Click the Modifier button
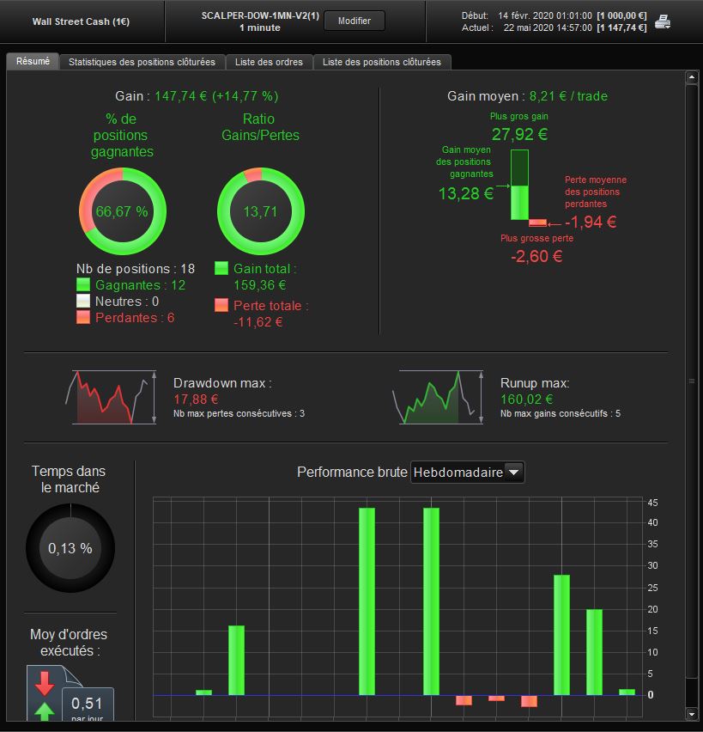(355, 21)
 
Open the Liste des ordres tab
(269, 62)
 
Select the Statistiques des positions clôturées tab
(142, 62)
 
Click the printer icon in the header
(663, 21)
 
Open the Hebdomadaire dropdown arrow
(513, 472)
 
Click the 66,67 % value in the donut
(122, 211)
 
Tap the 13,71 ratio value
(260, 211)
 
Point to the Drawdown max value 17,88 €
(196, 400)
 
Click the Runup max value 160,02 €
(527, 400)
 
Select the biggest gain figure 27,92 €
(519, 134)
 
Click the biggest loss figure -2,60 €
(536, 256)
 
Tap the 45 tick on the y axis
(652, 503)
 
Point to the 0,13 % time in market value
(70, 548)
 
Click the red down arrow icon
(45, 683)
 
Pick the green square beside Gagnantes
(83, 284)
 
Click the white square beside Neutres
(83, 301)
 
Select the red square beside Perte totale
(221, 305)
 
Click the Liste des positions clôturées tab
(382, 62)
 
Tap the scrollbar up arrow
(691, 77)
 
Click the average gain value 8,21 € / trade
(568, 96)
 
